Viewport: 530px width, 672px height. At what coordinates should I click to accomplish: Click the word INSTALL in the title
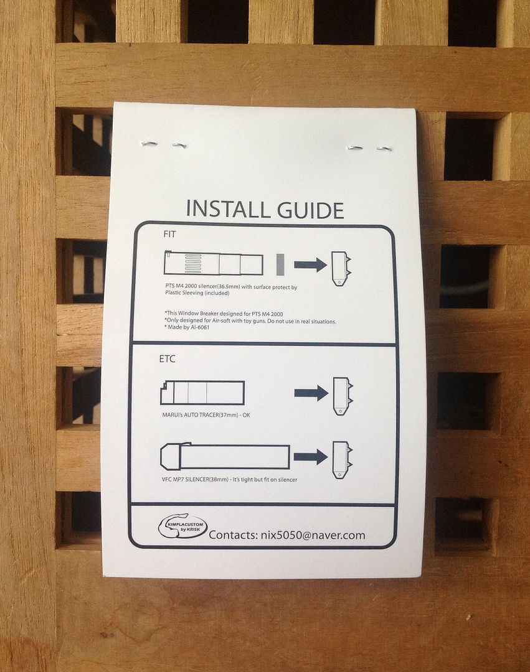pos(228,209)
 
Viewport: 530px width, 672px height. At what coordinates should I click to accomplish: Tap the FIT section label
pos(169,234)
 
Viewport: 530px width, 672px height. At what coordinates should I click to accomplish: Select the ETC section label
pos(168,359)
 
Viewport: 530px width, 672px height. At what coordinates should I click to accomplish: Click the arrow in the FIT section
pos(310,264)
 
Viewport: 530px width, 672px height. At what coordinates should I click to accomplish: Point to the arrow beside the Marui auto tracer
pos(311,393)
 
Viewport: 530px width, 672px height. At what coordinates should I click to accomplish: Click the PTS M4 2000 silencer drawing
pos(214,263)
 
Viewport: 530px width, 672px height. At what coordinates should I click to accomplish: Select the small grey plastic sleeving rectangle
pos(280,264)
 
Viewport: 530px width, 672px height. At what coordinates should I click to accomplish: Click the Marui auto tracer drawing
pos(202,393)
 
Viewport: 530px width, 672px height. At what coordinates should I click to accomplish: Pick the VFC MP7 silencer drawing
pos(225,457)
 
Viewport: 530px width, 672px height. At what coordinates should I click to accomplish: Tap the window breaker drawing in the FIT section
pos(341,269)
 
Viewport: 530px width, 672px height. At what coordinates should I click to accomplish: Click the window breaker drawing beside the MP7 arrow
pos(342,460)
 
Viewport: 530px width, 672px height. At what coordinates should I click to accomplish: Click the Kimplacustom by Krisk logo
pos(182,525)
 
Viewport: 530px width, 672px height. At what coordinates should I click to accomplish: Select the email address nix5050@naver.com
pos(313,535)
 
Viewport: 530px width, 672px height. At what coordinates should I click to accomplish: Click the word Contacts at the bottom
pos(233,535)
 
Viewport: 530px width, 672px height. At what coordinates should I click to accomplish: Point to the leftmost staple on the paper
pos(149,144)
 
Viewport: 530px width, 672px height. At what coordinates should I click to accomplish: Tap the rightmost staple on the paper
pos(384,149)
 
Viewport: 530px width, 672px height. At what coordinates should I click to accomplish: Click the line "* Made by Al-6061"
pos(187,327)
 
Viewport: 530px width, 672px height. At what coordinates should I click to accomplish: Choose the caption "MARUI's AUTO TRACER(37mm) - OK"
pos(206,415)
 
